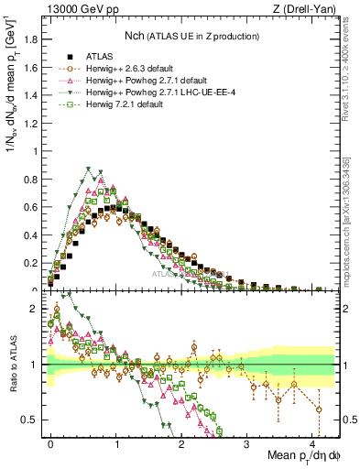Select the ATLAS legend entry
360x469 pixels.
click(100, 56)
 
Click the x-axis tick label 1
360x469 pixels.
click(116, 443)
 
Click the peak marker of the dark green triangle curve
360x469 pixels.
click(88, 169)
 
